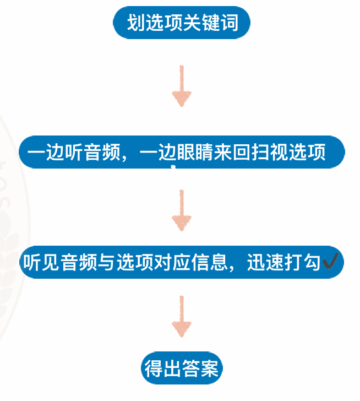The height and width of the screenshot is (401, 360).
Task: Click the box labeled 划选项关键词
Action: pos(182,24)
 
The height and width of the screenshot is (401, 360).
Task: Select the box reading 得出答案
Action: pos(182,368)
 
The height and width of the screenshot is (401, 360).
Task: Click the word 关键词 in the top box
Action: pos(211,24)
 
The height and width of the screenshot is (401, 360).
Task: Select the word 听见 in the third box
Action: pos(41,262)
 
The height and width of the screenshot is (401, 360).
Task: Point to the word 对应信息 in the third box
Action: pos(190,262)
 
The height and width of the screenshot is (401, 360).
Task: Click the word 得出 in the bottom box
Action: pos(163,368)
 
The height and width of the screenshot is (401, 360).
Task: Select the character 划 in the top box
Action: pos(136,24)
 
